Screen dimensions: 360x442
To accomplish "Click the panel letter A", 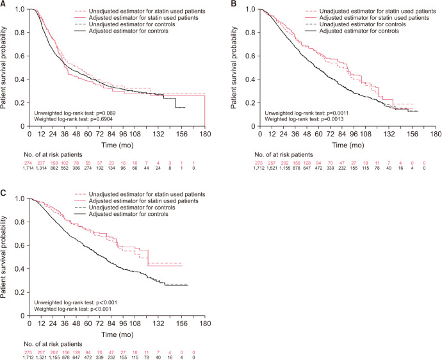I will click(4, 4).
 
